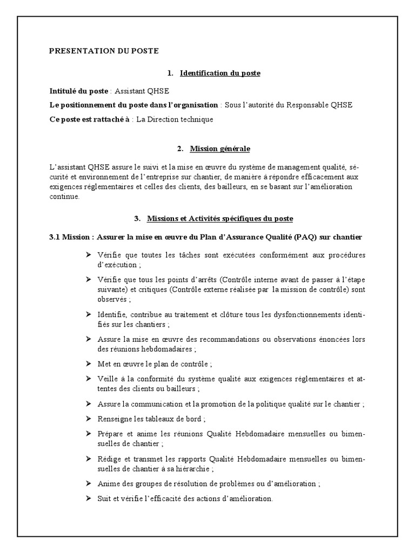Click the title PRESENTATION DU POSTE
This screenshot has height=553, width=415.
(x=104, y=51)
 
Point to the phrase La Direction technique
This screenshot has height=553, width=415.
(x=175, y=119)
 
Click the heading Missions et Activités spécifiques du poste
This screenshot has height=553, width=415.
(x=220, y=219)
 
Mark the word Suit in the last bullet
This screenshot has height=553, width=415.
(x=104, y=498)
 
